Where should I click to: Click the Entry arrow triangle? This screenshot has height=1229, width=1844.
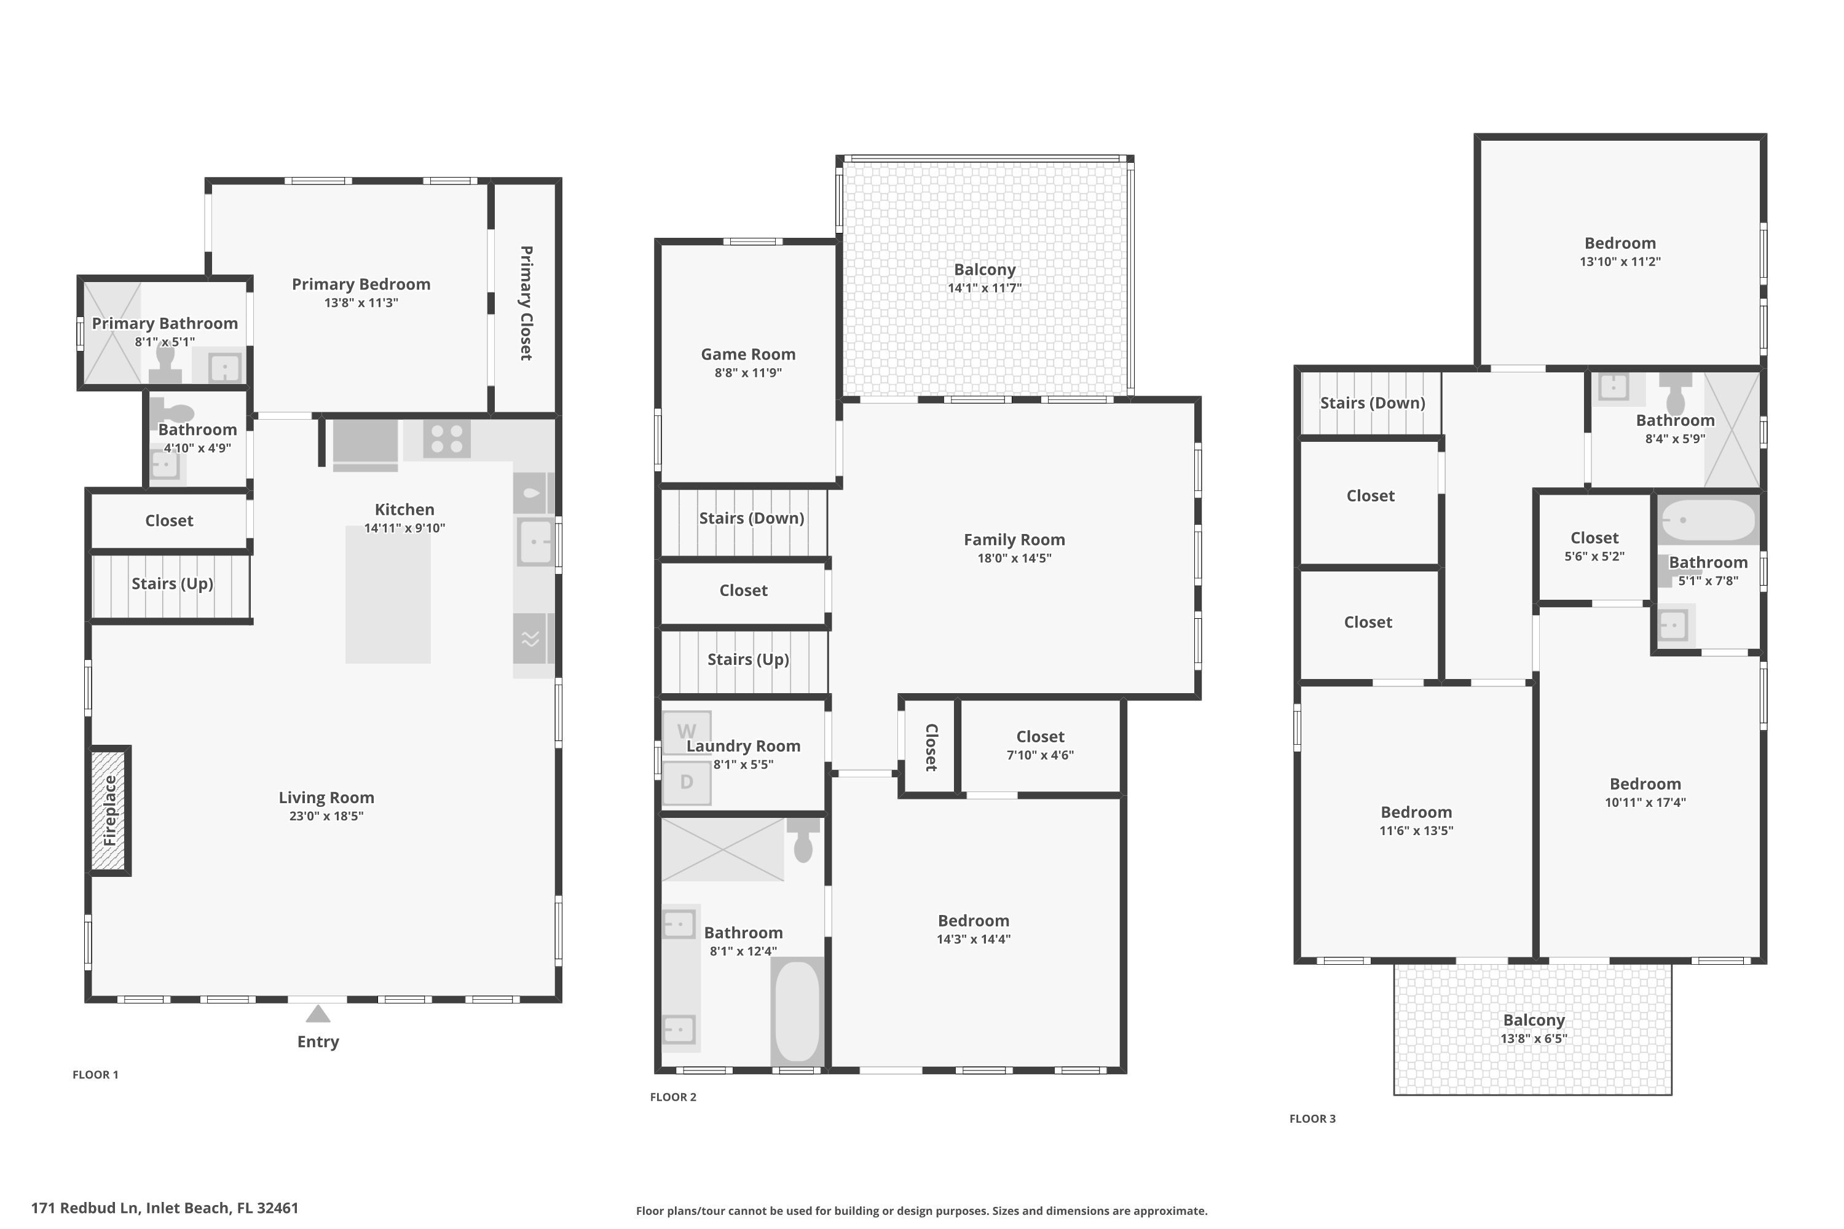318,1015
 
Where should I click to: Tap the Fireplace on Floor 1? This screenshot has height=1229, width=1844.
109,811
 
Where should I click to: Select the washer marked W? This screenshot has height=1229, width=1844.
687,731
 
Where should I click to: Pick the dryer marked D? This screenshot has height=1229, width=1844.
687,782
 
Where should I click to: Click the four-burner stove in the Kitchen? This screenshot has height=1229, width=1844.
447,439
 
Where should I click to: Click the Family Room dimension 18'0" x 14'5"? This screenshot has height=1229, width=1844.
1014,558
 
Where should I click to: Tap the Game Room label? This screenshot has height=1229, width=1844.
748,355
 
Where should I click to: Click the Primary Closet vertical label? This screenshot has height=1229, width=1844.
526,304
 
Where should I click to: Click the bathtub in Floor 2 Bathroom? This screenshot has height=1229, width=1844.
797,1010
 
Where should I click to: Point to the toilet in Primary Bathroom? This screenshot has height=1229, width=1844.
165,365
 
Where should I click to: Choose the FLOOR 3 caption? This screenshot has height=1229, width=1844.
1312,1118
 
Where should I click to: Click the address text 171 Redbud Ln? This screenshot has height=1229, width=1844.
165,1208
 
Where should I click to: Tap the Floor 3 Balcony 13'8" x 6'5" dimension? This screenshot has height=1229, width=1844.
1534,1039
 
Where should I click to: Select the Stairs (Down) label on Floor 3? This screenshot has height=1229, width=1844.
1372,403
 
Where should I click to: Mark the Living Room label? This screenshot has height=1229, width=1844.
326,797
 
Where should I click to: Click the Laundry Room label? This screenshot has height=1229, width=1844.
743,746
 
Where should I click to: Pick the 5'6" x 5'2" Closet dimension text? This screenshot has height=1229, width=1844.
1594,557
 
